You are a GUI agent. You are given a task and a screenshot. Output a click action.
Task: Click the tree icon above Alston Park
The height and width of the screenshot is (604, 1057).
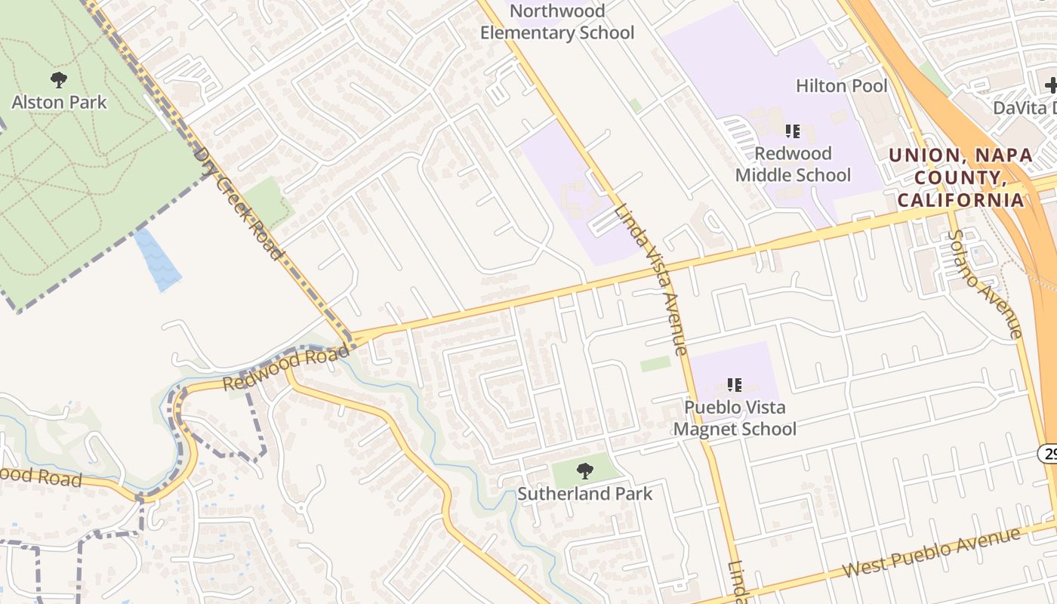[59, 79]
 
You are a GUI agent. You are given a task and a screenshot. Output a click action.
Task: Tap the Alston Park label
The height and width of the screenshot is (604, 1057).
[60, 102]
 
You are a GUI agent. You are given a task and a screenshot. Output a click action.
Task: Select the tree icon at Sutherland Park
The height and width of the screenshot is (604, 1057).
[584, 472]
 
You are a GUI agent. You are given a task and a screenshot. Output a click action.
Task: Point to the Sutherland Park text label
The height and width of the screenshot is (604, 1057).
[584, 494]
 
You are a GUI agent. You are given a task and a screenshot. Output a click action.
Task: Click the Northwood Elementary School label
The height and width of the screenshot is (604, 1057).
[557, 22]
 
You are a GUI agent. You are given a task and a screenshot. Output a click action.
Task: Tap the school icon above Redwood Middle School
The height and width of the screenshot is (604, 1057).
[793, 131]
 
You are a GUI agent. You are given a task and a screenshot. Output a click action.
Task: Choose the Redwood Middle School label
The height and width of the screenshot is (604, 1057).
[793, 164]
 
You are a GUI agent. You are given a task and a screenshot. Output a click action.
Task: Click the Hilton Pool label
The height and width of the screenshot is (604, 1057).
[842, 85]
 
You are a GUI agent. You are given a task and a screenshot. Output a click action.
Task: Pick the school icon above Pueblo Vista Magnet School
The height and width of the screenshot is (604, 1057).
[735, 385]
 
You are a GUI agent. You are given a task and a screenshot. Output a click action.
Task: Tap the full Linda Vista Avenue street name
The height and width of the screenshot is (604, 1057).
[650, 279]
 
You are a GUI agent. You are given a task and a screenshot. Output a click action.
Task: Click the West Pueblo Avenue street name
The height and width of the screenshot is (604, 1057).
[932, 553]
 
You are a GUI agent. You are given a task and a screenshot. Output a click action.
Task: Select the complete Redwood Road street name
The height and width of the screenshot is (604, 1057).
[287, 369]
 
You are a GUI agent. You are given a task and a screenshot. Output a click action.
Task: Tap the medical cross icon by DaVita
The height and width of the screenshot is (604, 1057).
[1050, 85]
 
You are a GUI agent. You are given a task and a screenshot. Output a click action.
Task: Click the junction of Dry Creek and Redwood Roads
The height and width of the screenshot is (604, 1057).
[353, 339]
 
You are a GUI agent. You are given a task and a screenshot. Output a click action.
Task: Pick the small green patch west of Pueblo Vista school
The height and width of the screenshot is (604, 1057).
[655, 364]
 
